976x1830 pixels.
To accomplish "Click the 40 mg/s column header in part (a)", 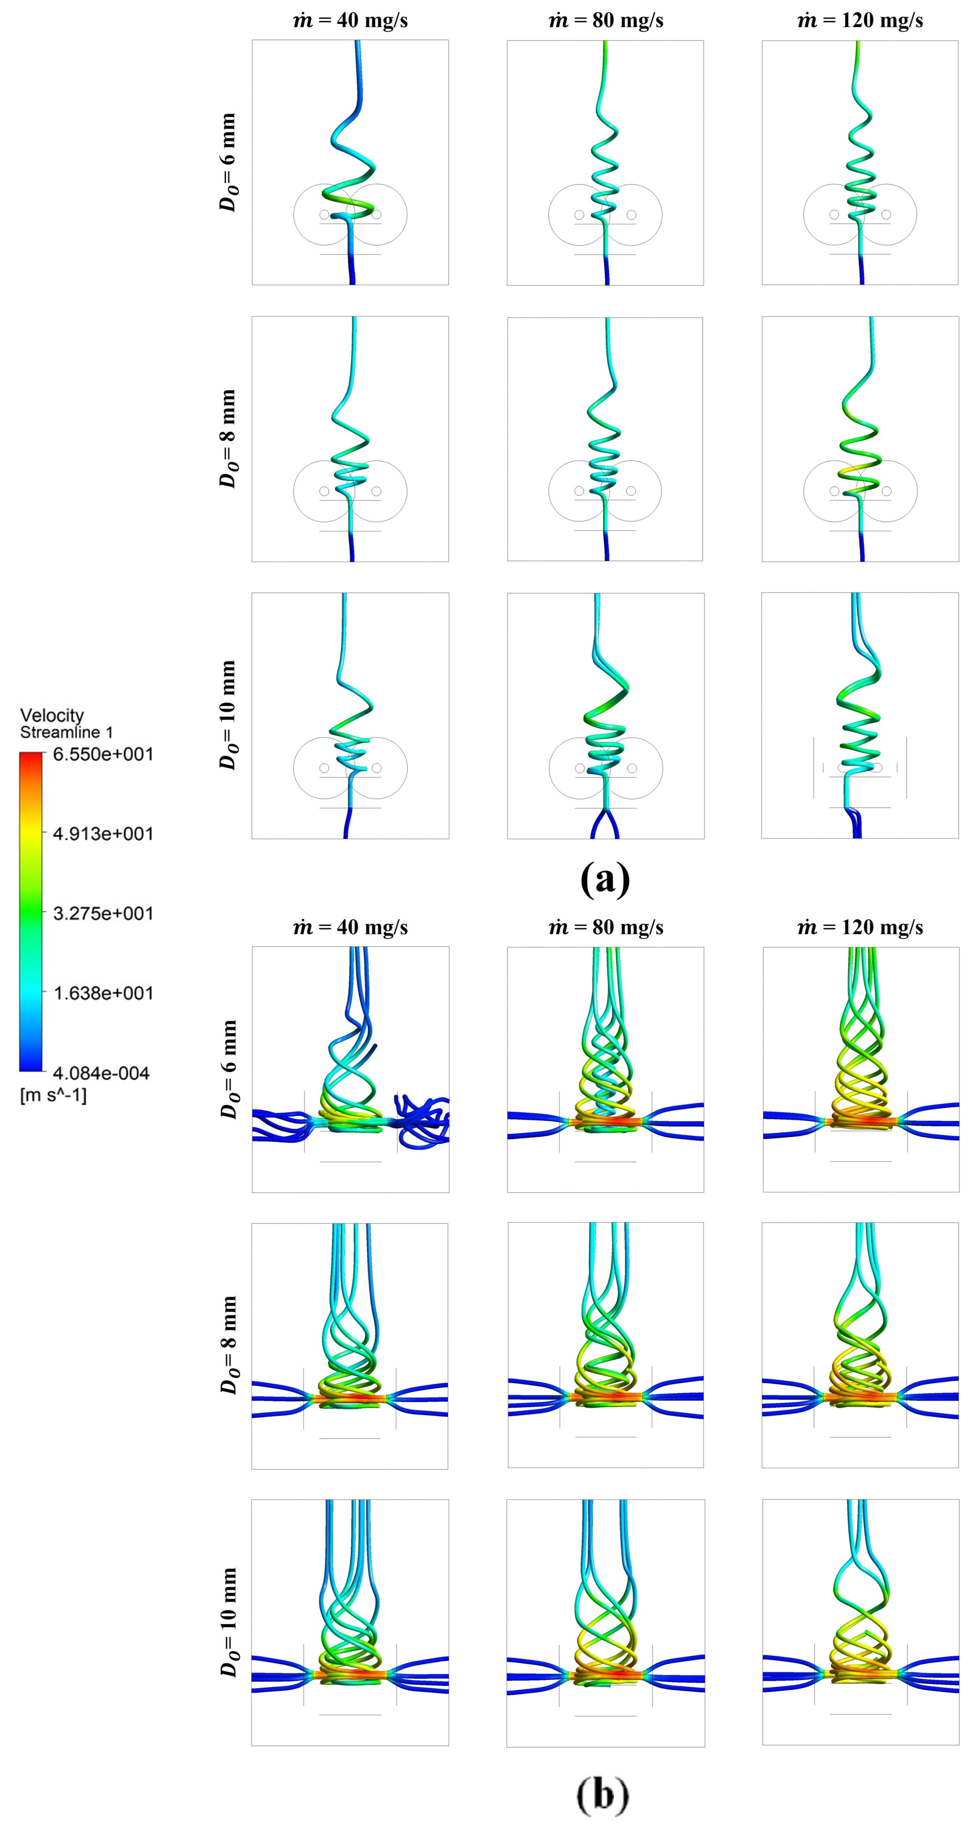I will [350, 20].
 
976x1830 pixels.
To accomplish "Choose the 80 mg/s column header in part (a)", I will [605, 20].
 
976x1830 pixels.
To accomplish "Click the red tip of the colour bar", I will [30, 757].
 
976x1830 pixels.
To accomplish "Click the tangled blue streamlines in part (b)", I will [423, 1121].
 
